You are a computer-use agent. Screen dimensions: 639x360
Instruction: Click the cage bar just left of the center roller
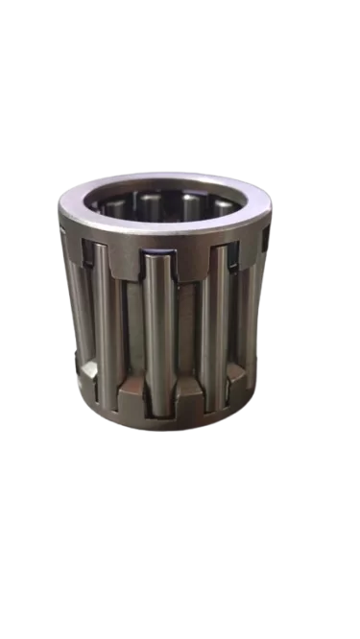pyautogui.click(x=133, y=317)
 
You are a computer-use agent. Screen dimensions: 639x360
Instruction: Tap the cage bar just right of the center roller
pyautogui.click(x=189, y=317)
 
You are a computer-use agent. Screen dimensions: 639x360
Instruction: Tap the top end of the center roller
pyautogui.click(x=160, y=257)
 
